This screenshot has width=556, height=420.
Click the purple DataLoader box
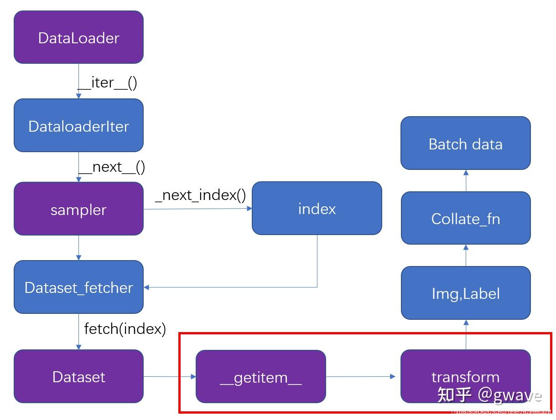tap(78, 37)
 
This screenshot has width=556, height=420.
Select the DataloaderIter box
tap(78, 126)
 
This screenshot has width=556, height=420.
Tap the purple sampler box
tap(78, 209)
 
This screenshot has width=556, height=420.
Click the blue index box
tap(317, 209)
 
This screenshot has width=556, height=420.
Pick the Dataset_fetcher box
tap(78, 287)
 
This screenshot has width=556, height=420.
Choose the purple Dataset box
tap(78, 376)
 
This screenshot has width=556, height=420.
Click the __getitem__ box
tap(260, 377)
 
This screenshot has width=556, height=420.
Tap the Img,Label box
tap(465, 293)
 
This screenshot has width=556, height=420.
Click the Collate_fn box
tap(465, 218)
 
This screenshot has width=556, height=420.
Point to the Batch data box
tap(465, 143)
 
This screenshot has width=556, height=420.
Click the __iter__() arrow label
tap(107, 82)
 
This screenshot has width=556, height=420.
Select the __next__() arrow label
tap(112, 167)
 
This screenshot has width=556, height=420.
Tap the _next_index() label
tap(200, 195)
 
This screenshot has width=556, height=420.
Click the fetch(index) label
tap(125, 328)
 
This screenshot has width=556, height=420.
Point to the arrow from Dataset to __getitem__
tap(169, 377)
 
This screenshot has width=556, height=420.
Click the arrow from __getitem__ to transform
tap(360, 377)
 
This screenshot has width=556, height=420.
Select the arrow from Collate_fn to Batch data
tap(466, 180)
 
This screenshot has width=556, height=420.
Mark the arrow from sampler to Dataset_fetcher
tap(78, 247)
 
